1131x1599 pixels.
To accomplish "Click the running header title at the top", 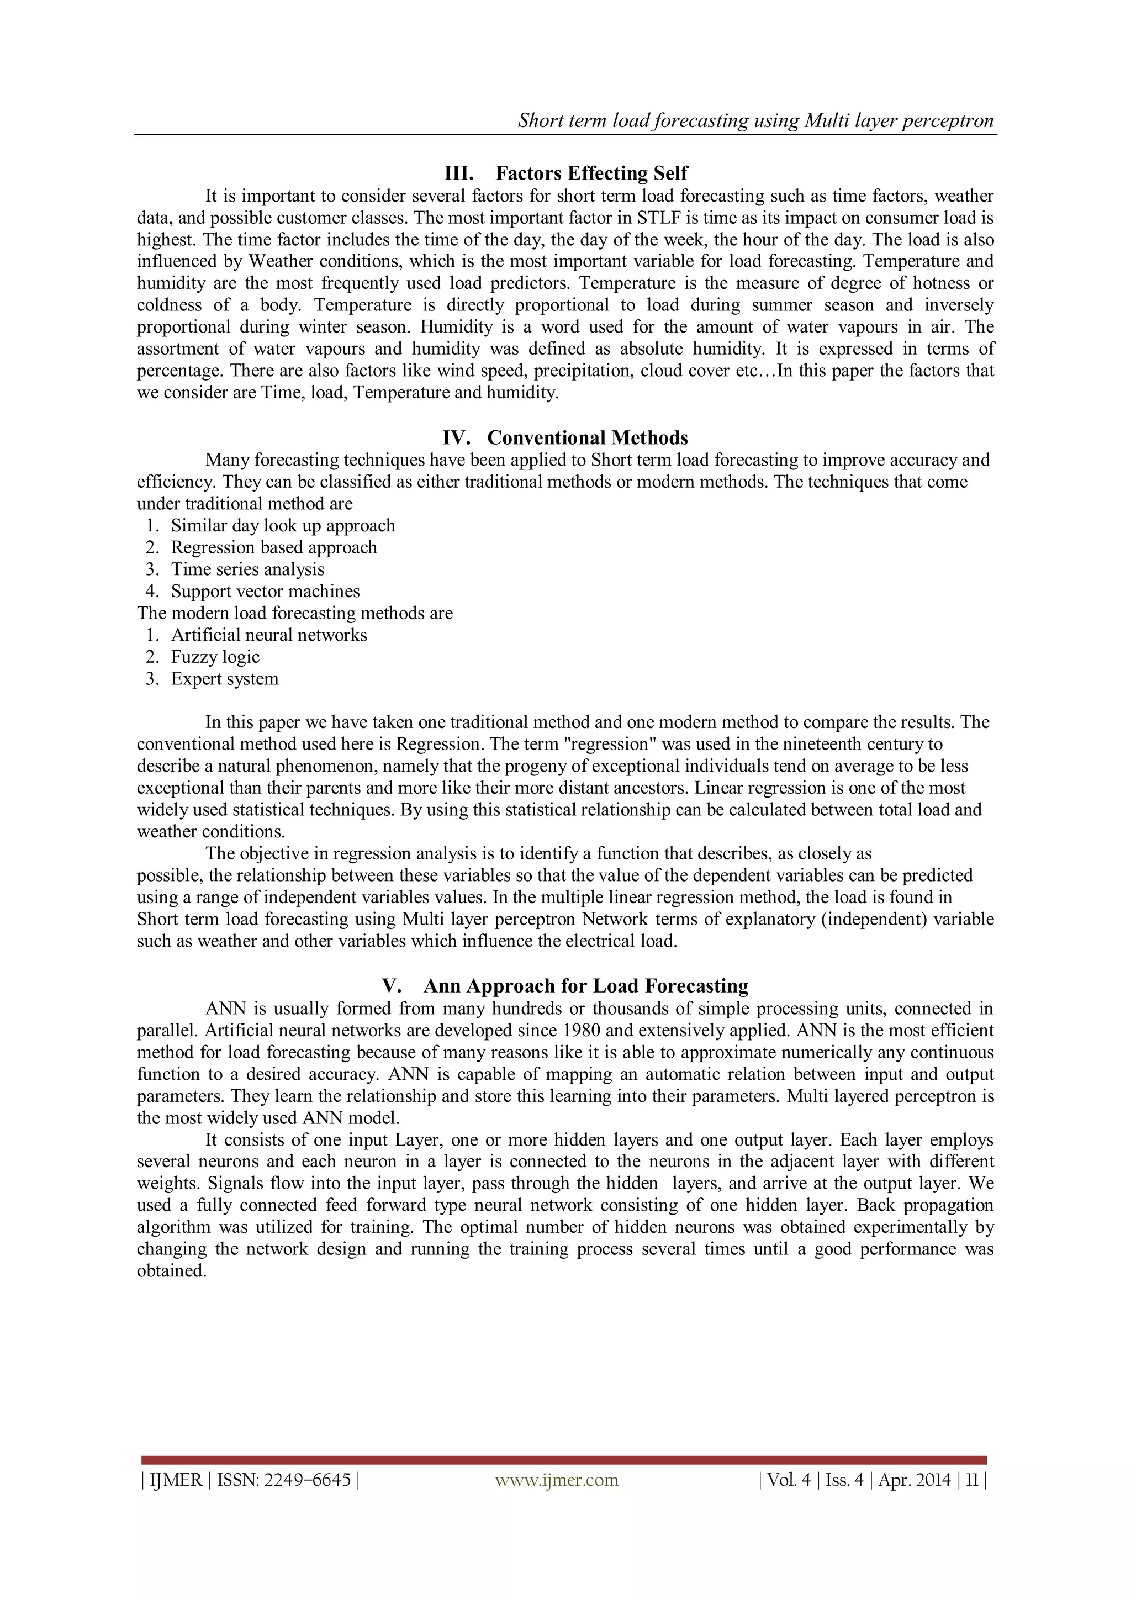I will click(755, 120).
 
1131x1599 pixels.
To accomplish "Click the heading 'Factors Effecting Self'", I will click(591, 173).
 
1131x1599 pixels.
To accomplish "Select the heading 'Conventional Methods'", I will click(587, 437).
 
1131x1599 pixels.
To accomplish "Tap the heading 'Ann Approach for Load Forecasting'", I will click(586, 985).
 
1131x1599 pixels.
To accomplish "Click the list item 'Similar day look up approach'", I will click(283, 525).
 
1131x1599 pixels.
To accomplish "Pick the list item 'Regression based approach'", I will click(274, 547).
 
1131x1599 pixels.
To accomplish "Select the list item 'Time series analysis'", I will click(247, 569).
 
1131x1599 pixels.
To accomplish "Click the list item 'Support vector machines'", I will click(265, 591).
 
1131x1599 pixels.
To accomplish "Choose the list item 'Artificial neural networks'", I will click(269, 635).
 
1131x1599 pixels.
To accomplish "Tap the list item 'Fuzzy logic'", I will click(215, 657).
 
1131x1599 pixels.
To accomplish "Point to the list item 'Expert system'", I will click(224, 679).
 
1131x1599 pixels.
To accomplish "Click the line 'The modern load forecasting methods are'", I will click(294, 613).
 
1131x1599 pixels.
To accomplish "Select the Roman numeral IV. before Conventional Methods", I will click(456, 437).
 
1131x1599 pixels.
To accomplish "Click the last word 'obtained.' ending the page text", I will click(171, 1270).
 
